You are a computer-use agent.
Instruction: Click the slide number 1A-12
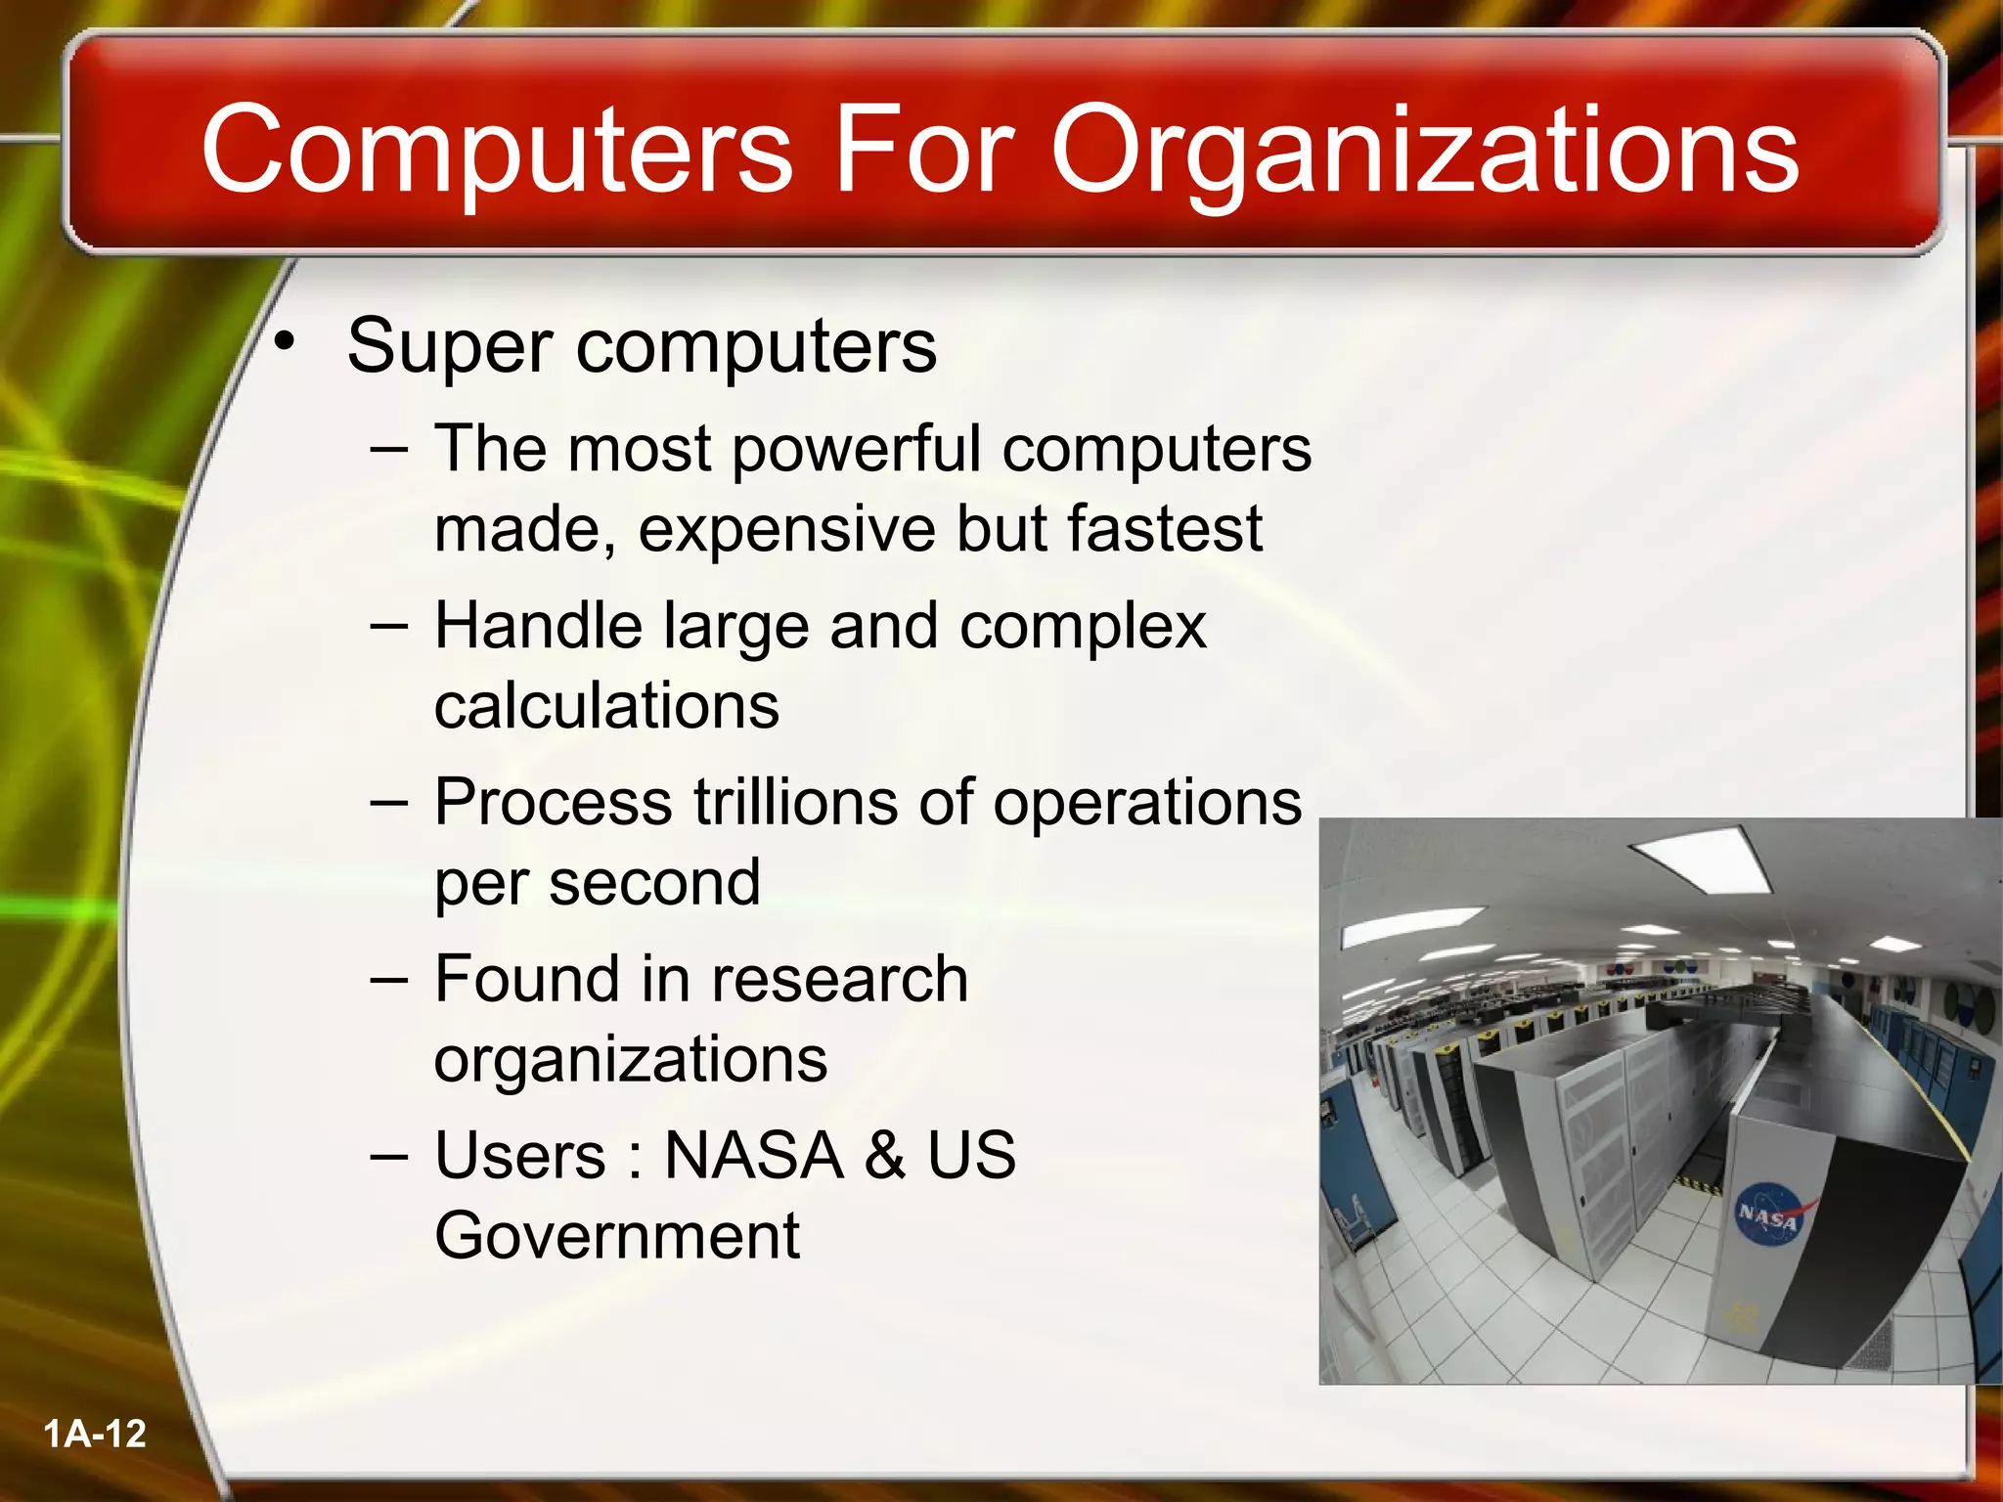95,1434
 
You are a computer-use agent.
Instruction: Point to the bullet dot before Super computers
284,341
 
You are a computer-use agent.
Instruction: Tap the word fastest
1164,529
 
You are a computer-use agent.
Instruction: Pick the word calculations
606,705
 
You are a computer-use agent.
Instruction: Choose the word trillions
794,802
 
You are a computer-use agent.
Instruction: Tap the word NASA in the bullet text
753,1155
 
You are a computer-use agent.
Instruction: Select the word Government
616,1235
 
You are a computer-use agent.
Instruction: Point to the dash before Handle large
389,628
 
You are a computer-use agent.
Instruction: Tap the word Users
519,1155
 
